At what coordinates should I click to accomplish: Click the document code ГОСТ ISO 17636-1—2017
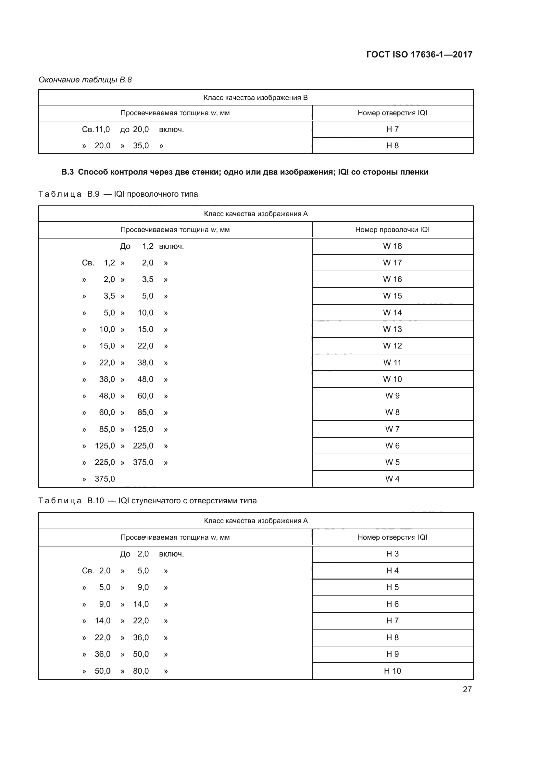(x=419, y=55)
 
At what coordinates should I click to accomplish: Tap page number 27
(x=467, y=689)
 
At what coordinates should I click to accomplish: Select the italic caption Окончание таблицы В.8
(x=85, y=80)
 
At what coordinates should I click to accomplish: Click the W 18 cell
(x=392, y=246)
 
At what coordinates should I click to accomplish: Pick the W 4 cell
(x=392, y=479)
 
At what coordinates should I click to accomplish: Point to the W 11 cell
(x=392, y=363)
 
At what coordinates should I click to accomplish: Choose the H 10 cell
(x=392, y=671)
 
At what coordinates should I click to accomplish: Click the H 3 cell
(x=392, y=554)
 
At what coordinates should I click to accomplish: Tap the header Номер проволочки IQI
(x=392, y=229)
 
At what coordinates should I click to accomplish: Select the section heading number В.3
(x=68, y=172)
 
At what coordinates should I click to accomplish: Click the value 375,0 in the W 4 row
(x=105, y=479)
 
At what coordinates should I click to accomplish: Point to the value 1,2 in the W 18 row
(x=148, y=246)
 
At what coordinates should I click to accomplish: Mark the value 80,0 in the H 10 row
(x=141, y=671)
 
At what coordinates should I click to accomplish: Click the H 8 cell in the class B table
(x=392, y=145)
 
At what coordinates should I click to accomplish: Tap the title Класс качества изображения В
(x=255, y=98)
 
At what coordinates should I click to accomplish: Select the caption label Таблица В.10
(x=71, y=500)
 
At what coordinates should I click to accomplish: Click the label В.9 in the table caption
(x=93, y=194)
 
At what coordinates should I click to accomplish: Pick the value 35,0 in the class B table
(x=141, y=145)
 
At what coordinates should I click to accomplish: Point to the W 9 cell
(x=392, y=396)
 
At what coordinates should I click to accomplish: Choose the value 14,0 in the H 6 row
(x=141, y=604)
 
